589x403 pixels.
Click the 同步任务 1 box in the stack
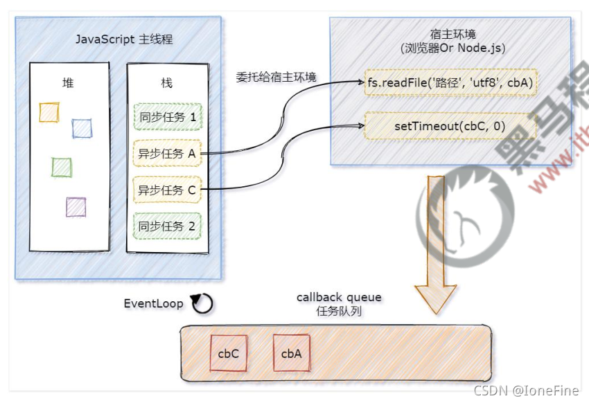point(166,117)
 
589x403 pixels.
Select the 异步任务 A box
point(166,154)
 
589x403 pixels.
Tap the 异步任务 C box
point(166,190)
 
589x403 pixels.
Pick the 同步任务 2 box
point(166,226)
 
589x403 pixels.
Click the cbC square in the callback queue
point(229,353)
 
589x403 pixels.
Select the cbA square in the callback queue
point(291,353)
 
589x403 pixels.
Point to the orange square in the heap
point(49,112)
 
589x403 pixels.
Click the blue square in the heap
point(82,128)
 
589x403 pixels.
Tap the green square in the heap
point(62,167)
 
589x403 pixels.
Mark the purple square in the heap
point(76,206)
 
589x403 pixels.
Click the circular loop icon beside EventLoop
point(202,303)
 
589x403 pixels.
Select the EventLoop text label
point(153,303)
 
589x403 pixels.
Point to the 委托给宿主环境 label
point(276,77)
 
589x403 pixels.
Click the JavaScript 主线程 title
point(124,39)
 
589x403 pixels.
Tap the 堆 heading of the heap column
point(68,83)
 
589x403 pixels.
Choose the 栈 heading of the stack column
point(166,83)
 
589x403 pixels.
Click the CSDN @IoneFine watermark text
point(526,391)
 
